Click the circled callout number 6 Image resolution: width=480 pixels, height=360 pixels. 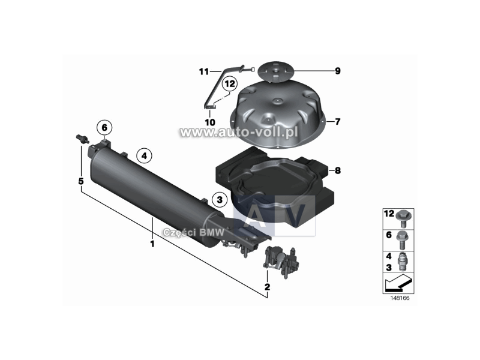click(x=104, y=128)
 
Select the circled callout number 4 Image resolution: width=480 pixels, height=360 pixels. click(x=143, y=156)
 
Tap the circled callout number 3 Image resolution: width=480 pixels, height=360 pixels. click(x=220, y=199)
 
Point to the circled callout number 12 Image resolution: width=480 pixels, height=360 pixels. click(x=229, y=85)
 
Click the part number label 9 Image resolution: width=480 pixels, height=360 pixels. click(x=338, y=71)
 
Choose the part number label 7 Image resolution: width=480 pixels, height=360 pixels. click(x=338, y=122)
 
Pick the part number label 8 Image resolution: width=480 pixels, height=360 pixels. click(x=338, y=170)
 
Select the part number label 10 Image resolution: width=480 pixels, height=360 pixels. click(x=209, y=122)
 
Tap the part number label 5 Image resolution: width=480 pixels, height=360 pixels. click(x=80, y=181)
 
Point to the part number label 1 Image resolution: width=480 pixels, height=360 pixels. click(x=152, y=244)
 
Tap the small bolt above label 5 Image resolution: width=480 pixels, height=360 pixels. click(x=80, y=138)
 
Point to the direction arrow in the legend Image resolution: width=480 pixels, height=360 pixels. click(x=397, y=280)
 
